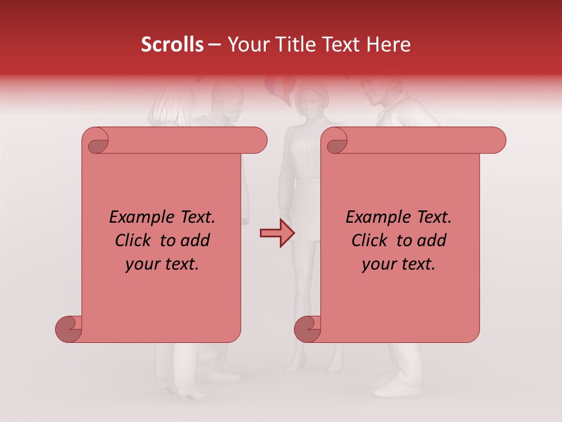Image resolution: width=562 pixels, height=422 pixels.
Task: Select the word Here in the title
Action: click(x=390, y=45)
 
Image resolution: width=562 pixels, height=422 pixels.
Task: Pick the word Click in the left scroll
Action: click(x=135, y=240)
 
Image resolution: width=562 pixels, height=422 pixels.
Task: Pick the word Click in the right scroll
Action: click(x=372, y=240)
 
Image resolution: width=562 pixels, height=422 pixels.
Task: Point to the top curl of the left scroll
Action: click(x=95, y=141)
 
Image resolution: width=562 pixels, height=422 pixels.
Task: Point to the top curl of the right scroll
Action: click(x=334, y=141)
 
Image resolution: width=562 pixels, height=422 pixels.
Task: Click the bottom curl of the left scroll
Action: click(x=68, y=329)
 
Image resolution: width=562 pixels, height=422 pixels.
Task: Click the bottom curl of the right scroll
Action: click(x=307, y=329)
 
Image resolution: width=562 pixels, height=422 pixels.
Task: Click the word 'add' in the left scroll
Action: click(x=196, y=240)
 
